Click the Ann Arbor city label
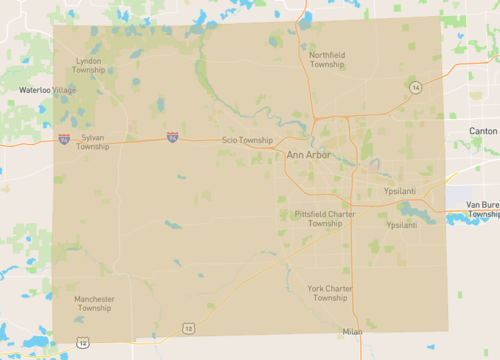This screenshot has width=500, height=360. (x=308, y=155)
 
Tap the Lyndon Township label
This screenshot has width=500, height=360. (x=88, y=65)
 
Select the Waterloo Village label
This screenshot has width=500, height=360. (x=47, y=90)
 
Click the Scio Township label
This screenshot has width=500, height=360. (x=247, y=140)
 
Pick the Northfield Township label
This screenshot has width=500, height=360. (x=327, y=59)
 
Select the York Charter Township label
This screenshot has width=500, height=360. (x=329, y=292)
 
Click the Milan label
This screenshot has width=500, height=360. (x=351, y=331)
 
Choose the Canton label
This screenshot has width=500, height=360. (x=483, y=131)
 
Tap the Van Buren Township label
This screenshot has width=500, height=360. (x=483, y=209)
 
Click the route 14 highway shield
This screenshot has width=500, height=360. (x=414, y=88)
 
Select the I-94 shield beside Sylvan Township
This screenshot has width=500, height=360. (x=64, y=139)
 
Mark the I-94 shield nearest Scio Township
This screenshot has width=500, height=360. (x=173, y=135)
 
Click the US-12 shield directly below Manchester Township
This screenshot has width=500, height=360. (x=82, y=343)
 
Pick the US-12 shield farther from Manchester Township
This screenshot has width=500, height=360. (x=188, y=328)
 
